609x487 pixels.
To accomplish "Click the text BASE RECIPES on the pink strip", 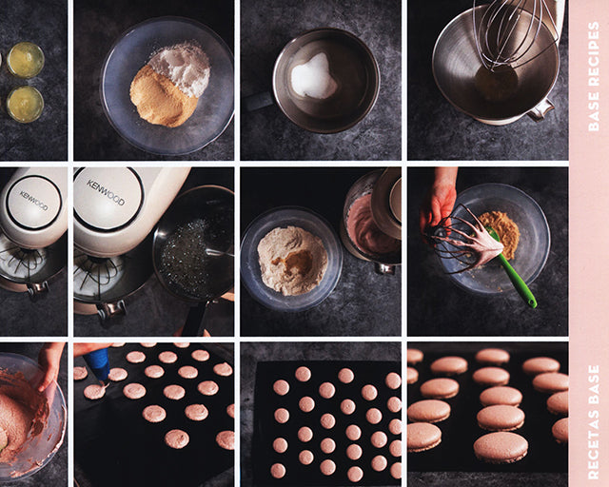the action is pos(594,76).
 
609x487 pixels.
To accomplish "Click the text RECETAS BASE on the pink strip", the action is pos(594,421).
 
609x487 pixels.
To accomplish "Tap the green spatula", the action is pos(513,268).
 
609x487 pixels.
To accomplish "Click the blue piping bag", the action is pos(97,363).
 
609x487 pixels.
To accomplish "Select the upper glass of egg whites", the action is pos(26,60).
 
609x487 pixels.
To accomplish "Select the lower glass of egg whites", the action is pos(25,104).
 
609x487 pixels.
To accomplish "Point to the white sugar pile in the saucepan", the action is pos(314,77).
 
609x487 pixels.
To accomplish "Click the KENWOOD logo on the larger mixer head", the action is pos(106,192).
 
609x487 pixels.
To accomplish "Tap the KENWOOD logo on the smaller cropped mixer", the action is pos(33,200).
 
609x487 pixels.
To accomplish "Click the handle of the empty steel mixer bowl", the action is pos(541,109).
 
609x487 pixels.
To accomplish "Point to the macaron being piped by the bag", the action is pos(95,392).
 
